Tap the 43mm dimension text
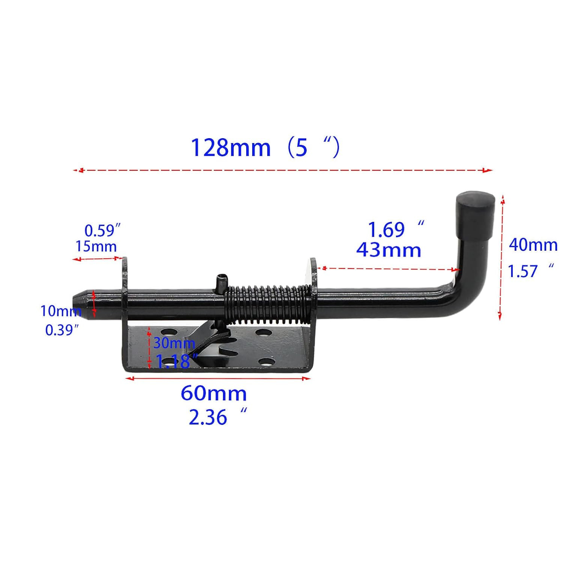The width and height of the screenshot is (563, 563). [389, 250]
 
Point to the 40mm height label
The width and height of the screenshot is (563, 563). [533, 245]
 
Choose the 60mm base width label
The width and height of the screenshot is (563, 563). [214, 393]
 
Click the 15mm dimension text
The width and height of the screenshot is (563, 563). [96, 246]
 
